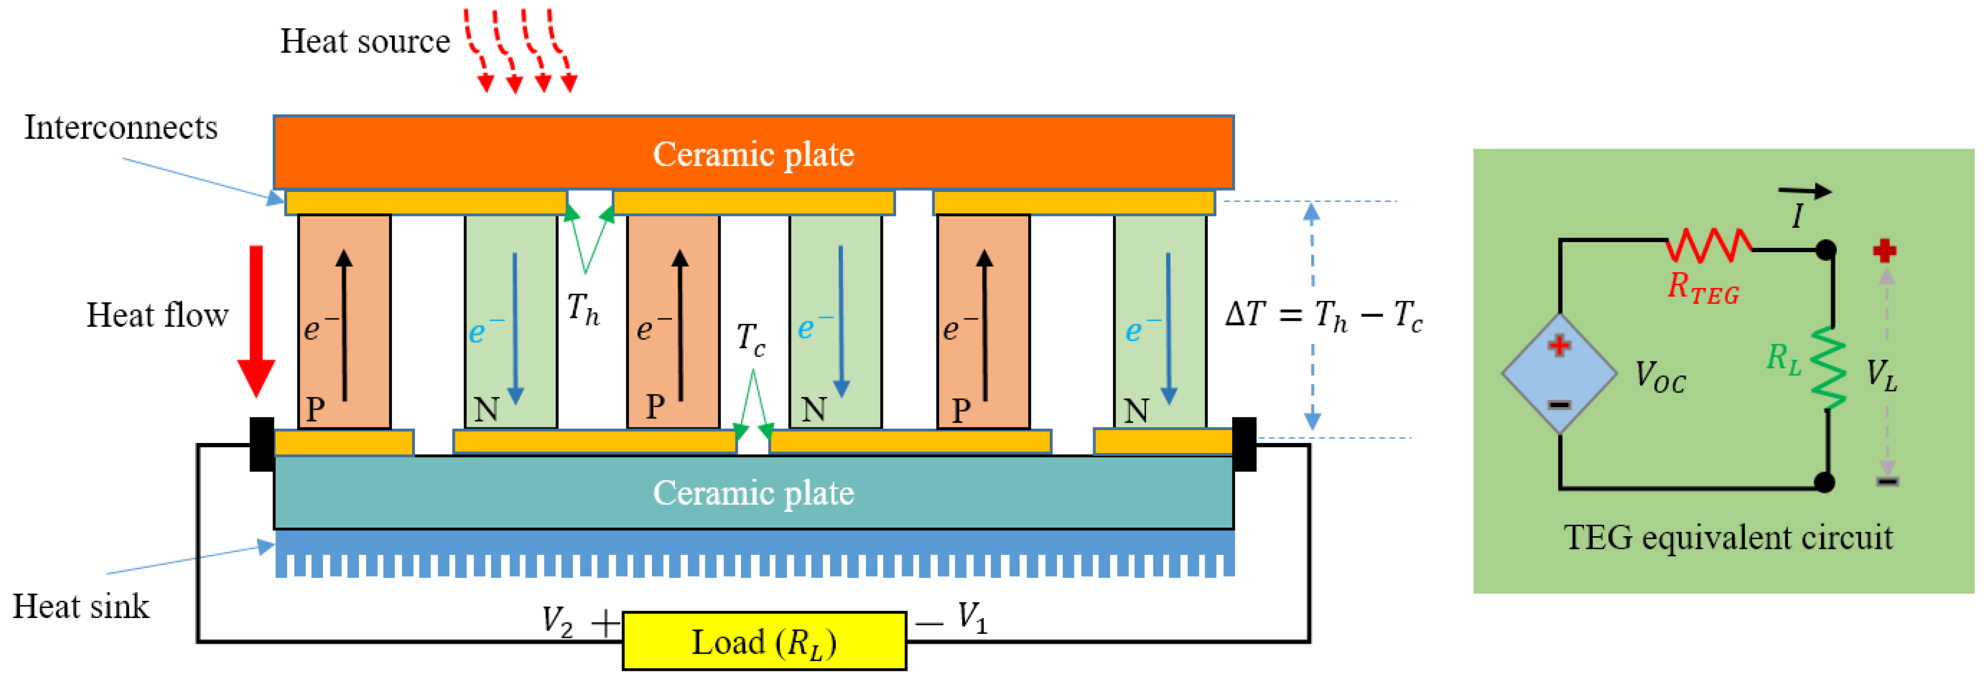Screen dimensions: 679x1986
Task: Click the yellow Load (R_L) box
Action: click(763, 641)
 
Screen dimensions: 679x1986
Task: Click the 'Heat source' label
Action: click(365, 41)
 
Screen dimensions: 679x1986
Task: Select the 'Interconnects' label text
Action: click(121, 127)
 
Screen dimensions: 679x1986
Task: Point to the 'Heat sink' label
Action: click(81, 606)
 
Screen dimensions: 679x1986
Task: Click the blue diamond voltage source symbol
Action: click(1559, 374)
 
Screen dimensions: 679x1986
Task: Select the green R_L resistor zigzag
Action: click(1828, 368)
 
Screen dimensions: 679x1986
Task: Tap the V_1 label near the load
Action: click(972, 618)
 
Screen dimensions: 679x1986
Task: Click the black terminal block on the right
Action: click(1244, 444)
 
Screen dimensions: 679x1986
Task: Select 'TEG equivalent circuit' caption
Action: click(1727, 537)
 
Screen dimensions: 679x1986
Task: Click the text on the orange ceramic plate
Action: click(753, 154)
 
